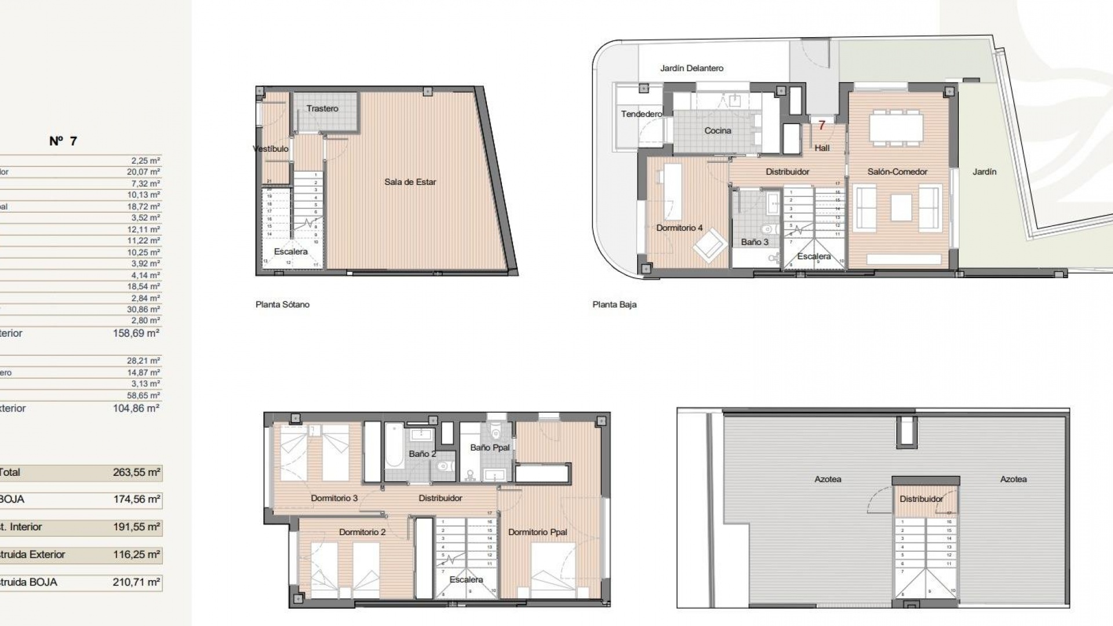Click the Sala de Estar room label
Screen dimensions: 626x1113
tap(410, 182)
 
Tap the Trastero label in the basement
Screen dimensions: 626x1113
tap(322, 108)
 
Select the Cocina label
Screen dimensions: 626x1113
tap(718, 131)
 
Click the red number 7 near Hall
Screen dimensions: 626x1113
tap(821, 125)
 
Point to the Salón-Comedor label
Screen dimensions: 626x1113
tap(897, 172)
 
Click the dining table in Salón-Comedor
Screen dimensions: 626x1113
tap(896, 129)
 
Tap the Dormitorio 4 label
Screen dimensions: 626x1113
tap(679, 228)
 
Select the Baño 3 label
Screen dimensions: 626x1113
tap(754, 242)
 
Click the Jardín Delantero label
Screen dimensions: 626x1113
tap(692, 68)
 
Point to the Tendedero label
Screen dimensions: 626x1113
tap(641, 114)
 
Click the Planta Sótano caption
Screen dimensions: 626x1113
tap(282, 304)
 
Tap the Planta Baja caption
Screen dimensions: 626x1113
tap(614, 304)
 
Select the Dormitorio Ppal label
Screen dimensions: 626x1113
tap(537, 532)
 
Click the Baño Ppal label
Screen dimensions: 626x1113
tap(490, 447)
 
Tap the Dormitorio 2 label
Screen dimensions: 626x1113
tap(362, 532)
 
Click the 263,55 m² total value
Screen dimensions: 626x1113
tap(136, 472)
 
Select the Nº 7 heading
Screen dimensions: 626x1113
tap(63, 141)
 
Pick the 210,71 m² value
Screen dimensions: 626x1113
tap(136, 583)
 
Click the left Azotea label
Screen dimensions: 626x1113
tap(827, 479)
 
